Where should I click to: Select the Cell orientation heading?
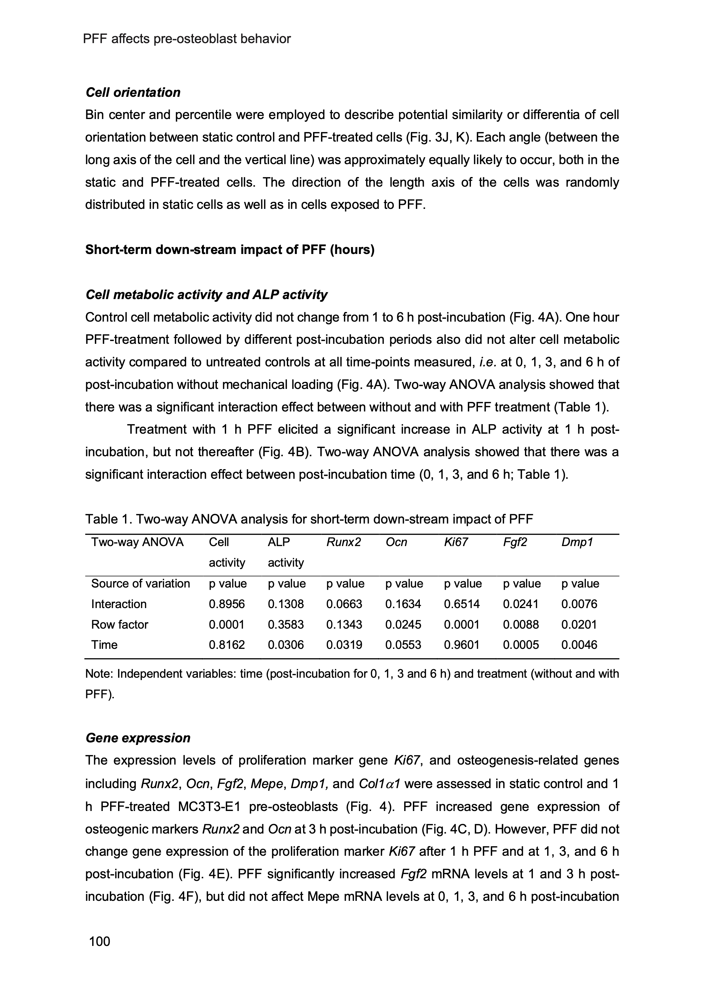[133, 93]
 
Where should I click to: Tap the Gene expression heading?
[138, 738]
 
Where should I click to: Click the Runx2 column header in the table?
[344, 542]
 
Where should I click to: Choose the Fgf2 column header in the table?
[515, 542]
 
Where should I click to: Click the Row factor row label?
[119, 624]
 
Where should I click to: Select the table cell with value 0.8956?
[226, 604]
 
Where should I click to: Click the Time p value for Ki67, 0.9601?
[462, 645]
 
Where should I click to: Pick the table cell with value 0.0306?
[286, 645]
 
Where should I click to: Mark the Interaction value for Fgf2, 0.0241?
[521, 604]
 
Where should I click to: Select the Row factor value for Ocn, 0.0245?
[403, 624]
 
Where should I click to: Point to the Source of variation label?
[140, 584]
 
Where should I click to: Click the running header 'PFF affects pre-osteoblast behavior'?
[187, 39]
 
